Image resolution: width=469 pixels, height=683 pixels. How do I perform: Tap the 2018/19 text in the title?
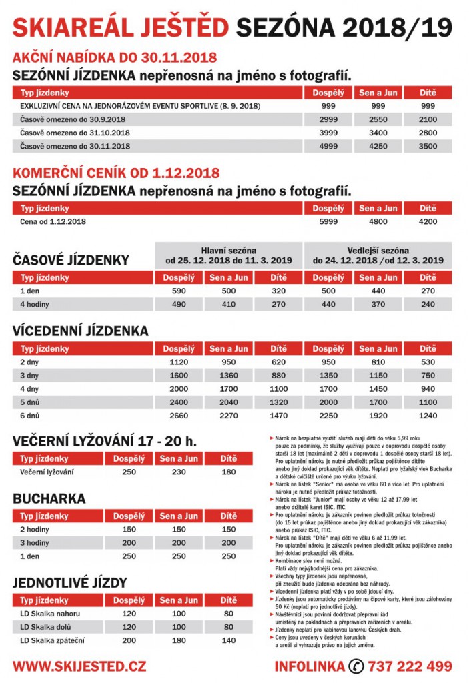tap(398, 27)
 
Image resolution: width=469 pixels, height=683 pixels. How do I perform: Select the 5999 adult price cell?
tap(328, 221)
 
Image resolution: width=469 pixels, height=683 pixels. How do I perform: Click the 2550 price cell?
tap(378, 119)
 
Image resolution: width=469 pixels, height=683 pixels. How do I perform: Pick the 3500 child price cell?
tap(428, 146)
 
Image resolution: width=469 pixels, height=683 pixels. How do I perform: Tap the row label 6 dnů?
tap(30, 416)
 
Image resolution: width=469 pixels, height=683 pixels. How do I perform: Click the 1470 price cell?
tap(278, 416)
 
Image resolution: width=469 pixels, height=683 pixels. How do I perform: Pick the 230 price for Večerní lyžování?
tap(179, 472)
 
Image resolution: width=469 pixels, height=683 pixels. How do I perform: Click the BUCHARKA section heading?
tap(49, 498)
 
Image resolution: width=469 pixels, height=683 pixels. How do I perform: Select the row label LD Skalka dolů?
tap(45, 627)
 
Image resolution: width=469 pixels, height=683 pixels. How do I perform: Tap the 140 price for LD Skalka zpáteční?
tap(229, 640)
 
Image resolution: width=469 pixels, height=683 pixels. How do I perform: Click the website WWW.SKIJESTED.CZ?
tap(79, 666)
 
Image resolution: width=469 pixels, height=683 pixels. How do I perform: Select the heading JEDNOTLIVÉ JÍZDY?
tap(70, 583)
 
